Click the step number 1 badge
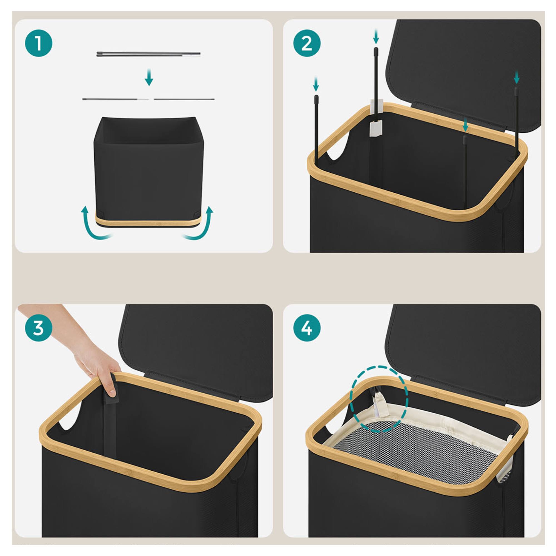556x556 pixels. pyautogui.click(x=39, y=44)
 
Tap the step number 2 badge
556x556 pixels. pyautogui.click(x=307, y=44)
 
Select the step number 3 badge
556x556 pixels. pyautogui.click(x=39, y=328)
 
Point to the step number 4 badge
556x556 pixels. pyautogui.click(x=307, y=328)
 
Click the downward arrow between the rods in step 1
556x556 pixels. pyautogui.click(x=149, y=77)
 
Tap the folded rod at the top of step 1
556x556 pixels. pyautogui.click(x=148, y=54)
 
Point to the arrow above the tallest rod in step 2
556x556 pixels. pyautogui.click(x=376, y=37)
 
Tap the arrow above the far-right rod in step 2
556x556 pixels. pyautogui.click(x=517, y=77)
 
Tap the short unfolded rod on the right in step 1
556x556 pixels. pyautogui.click(x=184, y=99)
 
